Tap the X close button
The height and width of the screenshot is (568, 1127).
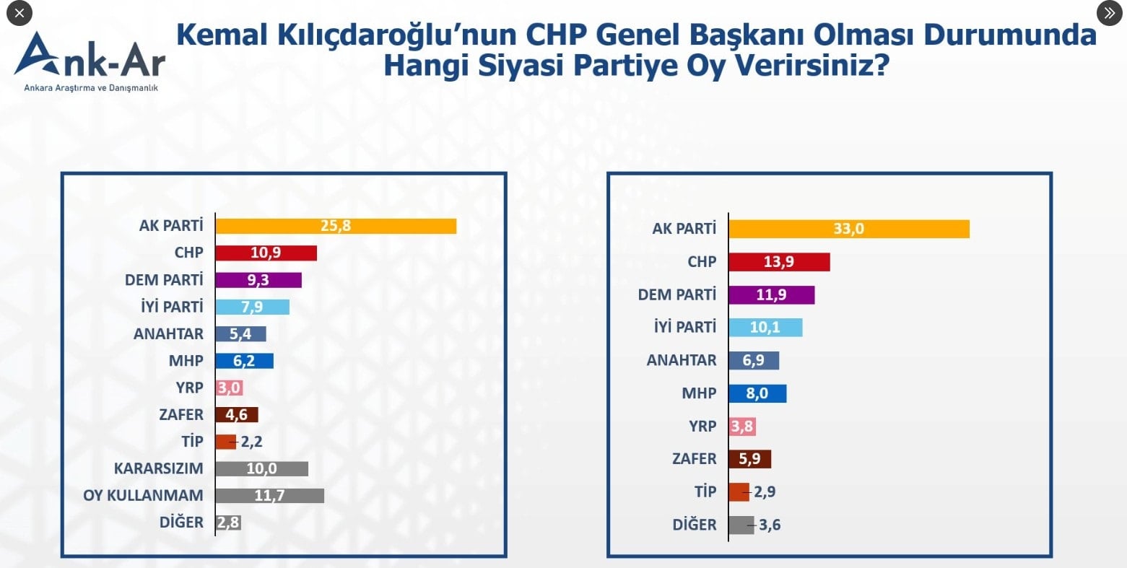[19, 13]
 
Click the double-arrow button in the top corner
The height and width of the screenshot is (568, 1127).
[1109, 13]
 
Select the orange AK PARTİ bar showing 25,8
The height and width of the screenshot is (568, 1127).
[336, 226]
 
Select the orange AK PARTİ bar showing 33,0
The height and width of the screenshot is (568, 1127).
[848, 230]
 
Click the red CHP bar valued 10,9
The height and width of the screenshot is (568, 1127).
[266, 253]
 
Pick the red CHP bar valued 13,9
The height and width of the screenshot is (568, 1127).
[779, 262]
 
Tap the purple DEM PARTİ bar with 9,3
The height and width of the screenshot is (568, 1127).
[258, 280]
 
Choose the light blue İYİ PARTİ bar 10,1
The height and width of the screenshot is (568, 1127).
[765, 328]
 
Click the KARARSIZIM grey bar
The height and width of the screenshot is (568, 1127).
[261, 468]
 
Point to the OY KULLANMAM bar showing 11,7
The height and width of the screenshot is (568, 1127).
[269, 495]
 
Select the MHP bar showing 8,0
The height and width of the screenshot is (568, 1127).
[757, 393]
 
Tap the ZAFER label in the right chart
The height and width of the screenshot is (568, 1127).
[694, 459]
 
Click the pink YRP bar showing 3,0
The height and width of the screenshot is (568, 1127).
[229, 388]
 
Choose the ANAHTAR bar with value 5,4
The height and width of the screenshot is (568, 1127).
[241, 333]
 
